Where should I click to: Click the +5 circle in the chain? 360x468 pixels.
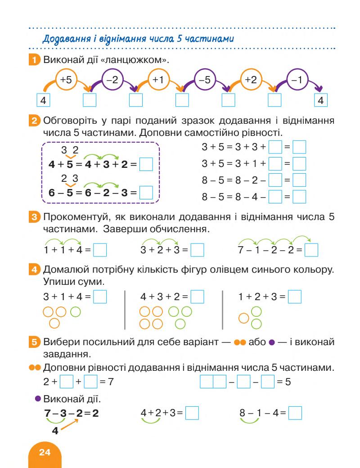66,80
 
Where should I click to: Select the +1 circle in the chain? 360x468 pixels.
158,80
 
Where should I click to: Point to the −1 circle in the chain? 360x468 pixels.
297,80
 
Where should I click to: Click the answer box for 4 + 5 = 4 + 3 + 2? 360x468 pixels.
146,165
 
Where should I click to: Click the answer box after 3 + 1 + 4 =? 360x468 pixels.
100,297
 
